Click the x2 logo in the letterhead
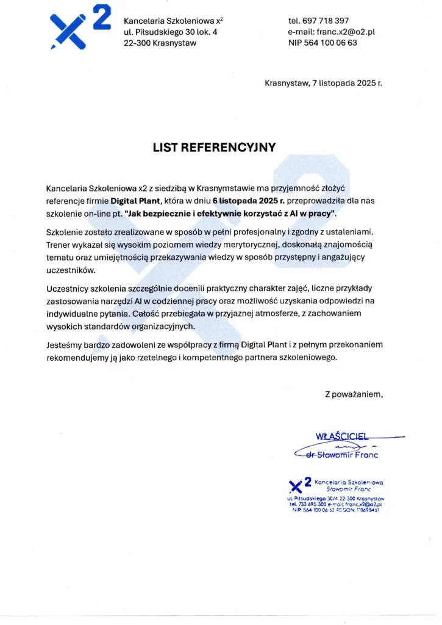coord(80,30)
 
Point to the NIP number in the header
coord(323,43)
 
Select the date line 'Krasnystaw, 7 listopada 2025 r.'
coord(323,83)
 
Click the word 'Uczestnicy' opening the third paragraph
coord(70,287)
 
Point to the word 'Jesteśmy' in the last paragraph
coord(65,345)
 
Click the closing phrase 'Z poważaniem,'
coord(354,394)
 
